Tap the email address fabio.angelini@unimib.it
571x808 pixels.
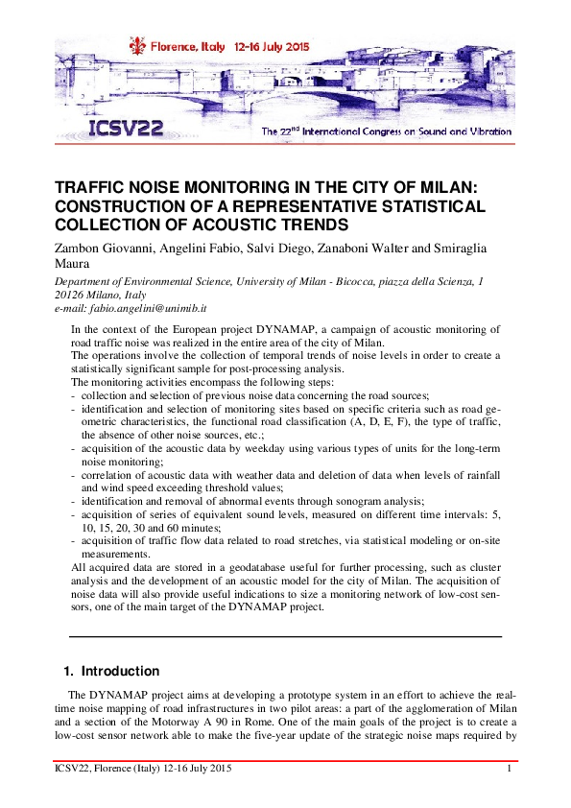[x=147, y=309]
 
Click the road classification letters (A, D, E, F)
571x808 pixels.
[x=398, y=419]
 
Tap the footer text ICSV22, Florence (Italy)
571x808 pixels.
[x=111, y=770]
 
